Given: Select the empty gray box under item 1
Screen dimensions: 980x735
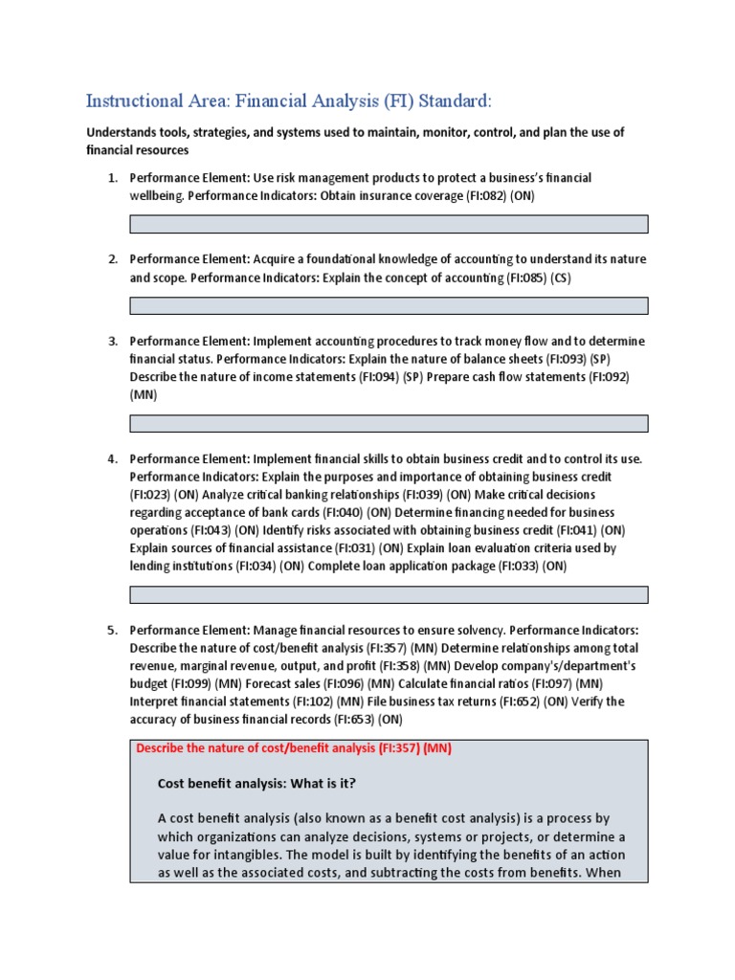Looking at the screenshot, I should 389,224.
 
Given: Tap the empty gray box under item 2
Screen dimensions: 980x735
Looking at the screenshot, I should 389,305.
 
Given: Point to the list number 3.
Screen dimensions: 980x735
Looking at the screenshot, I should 111,341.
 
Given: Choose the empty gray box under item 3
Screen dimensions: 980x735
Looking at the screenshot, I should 389,423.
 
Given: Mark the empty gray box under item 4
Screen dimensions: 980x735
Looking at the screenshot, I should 389,594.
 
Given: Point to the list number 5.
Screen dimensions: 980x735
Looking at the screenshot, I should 111,630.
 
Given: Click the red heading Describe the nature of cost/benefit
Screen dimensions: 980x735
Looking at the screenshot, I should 293,748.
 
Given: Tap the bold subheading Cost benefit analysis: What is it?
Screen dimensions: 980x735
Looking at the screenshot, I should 256,784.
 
